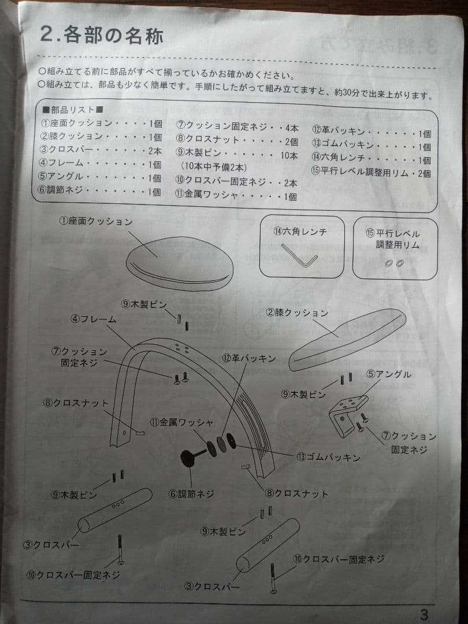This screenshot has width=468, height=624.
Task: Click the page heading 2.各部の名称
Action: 102,35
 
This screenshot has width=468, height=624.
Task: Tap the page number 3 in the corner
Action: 425,614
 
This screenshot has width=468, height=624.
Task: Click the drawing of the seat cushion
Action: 179,263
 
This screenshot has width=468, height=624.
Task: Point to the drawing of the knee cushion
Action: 347,340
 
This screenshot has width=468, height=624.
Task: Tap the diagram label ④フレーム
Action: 94,318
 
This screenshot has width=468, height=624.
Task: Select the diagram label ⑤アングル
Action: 389,374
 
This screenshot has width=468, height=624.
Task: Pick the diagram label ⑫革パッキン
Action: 248,358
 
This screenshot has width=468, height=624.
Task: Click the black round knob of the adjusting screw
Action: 189,458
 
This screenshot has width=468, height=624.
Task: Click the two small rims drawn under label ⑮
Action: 395,263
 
